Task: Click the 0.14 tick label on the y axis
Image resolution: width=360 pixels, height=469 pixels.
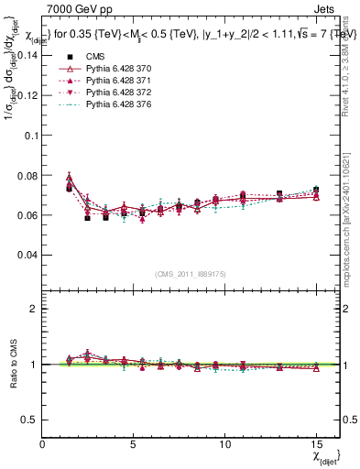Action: click(x=28, y=56)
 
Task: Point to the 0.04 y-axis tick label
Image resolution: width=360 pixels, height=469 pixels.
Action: click(x=28, y=255)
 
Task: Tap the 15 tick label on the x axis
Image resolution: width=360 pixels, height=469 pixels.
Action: click(x=316, y=444)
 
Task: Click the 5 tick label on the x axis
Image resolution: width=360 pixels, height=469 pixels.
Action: click(x=133, y=444)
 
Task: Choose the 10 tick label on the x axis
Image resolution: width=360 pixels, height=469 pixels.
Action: click(x=224, y=444)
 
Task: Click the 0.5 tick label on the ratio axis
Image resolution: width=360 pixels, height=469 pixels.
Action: click(x=29, y=420)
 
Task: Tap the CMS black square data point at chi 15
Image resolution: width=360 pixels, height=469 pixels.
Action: click(x=316, y=190)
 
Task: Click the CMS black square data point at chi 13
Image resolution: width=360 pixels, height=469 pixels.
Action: click(x=279, y=194)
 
